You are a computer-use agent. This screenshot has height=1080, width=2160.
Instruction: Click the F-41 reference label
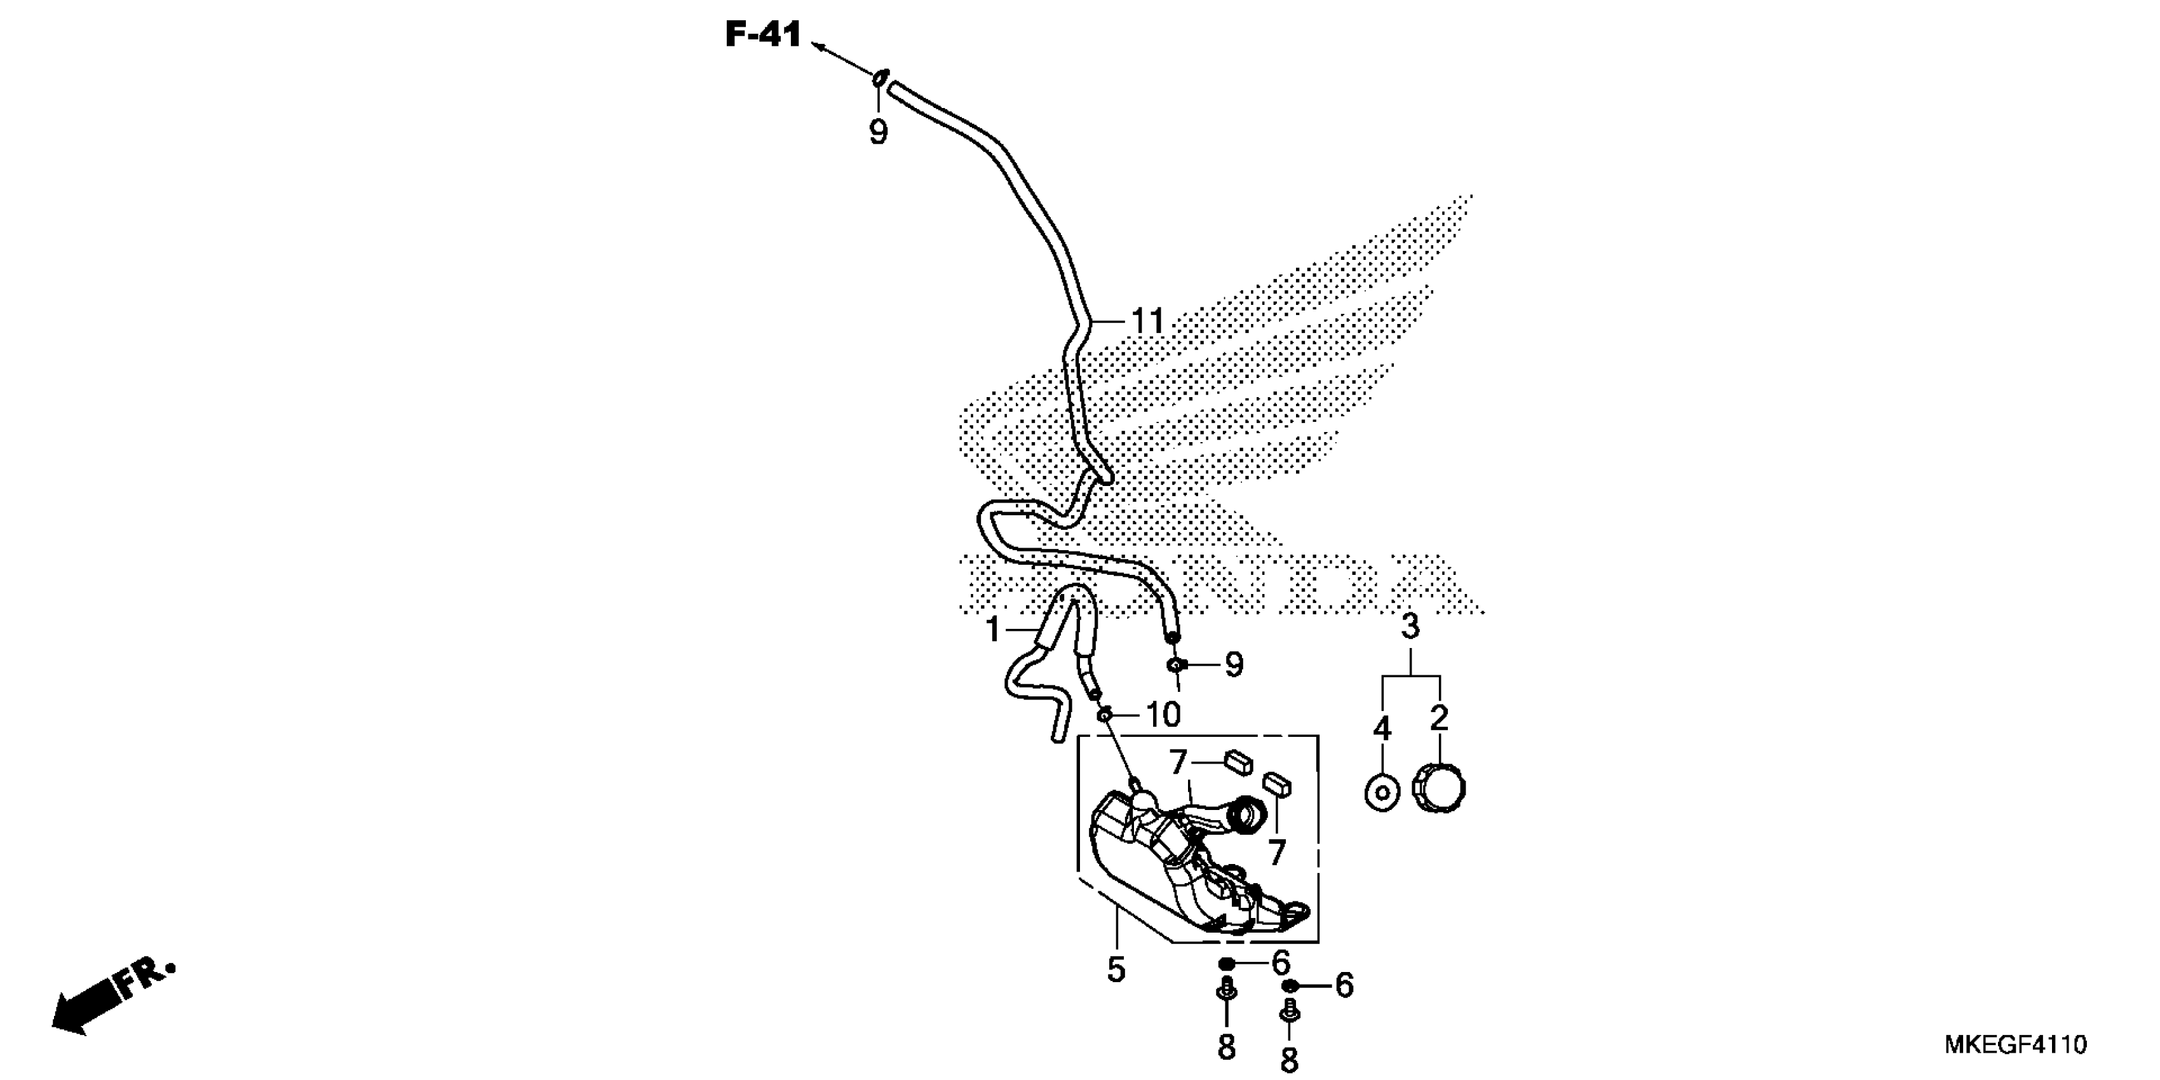pos(763,35)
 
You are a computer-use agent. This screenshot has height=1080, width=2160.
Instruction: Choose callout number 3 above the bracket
pos(1410,626)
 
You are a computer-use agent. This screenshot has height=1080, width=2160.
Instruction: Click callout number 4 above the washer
pos(1382,729)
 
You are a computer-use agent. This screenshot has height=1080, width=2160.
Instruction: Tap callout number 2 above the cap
pos(1439,718)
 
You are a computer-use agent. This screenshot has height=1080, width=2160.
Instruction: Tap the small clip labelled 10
pos(1105,715)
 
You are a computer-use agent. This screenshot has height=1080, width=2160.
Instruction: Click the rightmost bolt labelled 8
pos(1290,1015)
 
